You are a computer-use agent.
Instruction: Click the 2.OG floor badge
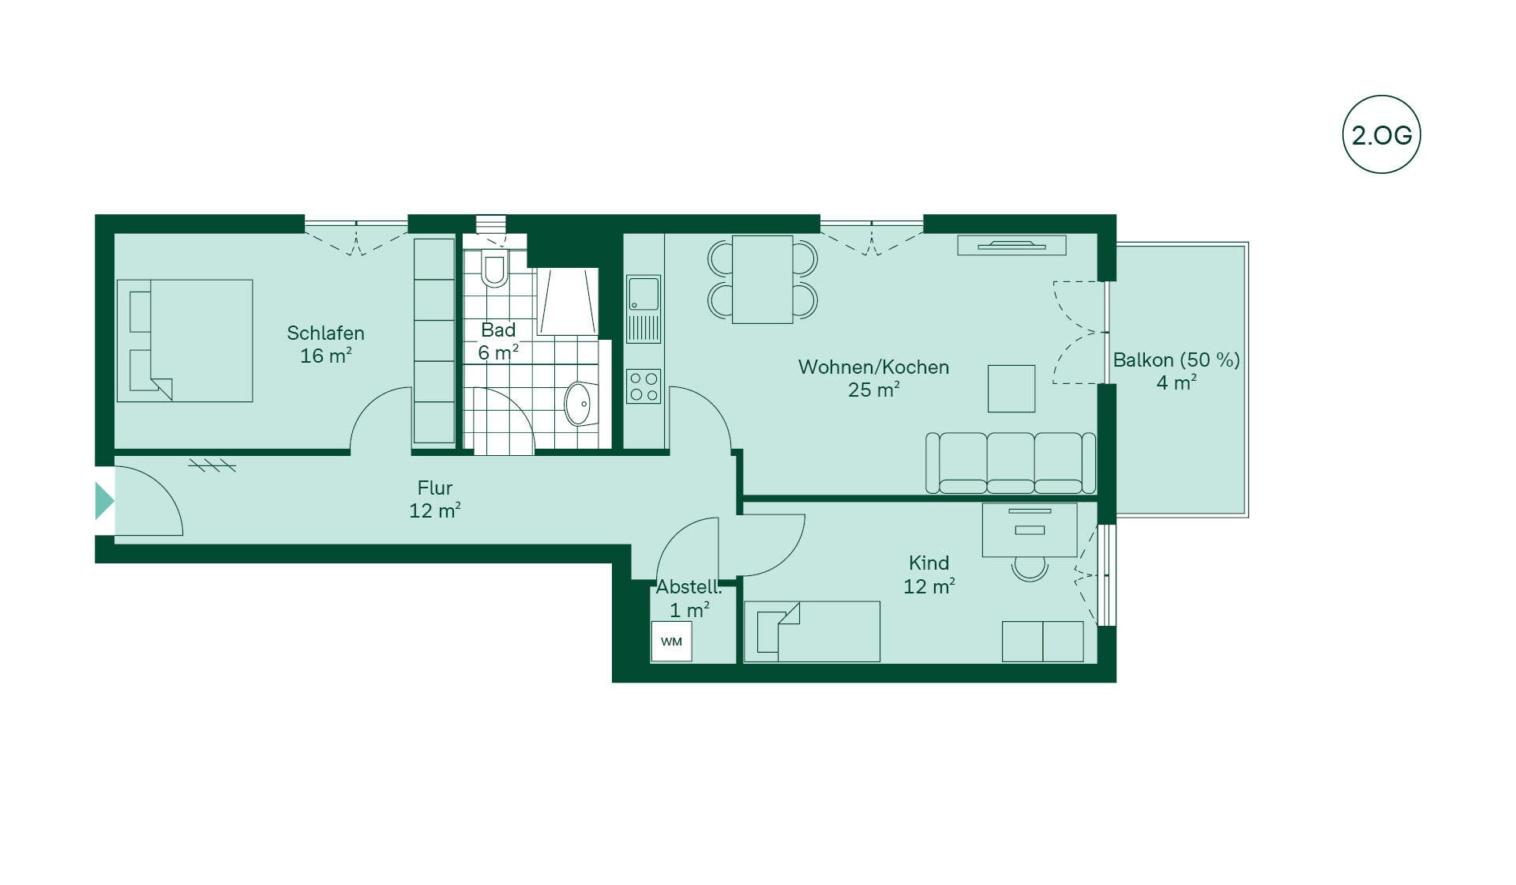(x=1381, y=134)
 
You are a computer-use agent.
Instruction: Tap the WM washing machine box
(x=671, y=642)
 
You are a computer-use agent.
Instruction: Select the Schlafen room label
(x=325, y=333)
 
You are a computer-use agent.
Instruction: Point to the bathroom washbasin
(x=583, y=404)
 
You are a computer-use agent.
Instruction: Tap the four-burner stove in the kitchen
(x=644, y=386)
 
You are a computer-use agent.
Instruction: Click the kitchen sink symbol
(x=644, y=309)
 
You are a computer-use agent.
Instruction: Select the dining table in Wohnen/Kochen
(x=763, y=279)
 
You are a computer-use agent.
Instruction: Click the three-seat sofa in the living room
(x=1011, y=463)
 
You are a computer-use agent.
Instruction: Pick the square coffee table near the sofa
(x=1011, y=388)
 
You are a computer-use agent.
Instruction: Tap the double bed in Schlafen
(x=185, y=341)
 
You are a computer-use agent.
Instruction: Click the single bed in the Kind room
(x=812, y=631)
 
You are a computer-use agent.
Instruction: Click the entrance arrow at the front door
(x=104, y=500)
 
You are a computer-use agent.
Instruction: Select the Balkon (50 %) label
(x=1176, y=360)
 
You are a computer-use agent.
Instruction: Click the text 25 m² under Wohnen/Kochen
(x=874, y=390)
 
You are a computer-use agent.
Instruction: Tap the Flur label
(x=435, y=488)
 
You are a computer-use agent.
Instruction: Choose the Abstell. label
(x=689, y=586)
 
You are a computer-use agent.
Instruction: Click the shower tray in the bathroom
(x=567, y=301)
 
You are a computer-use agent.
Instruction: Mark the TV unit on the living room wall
(x=1011, y=245)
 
